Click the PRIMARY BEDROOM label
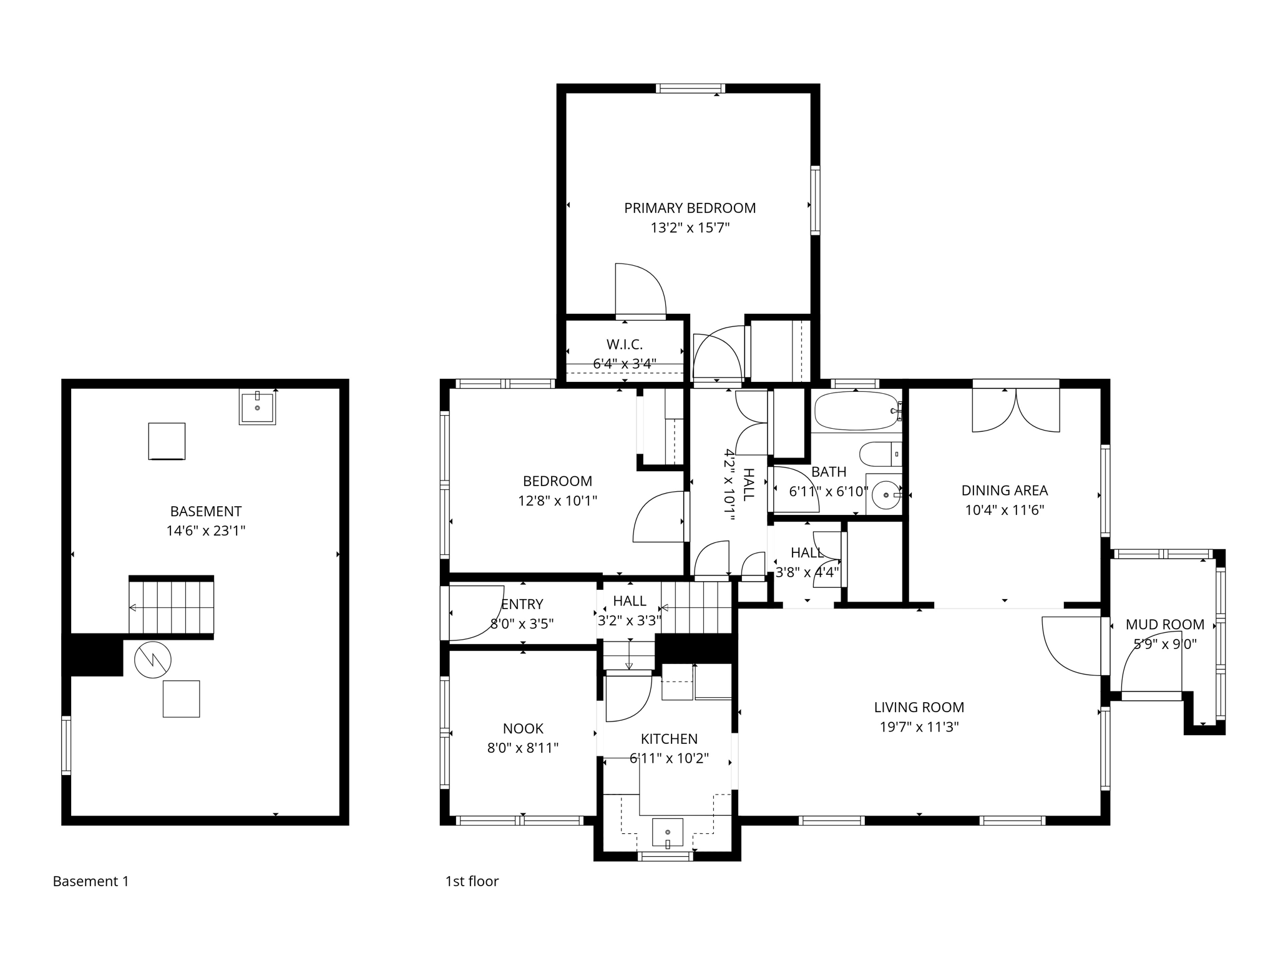[x=690, y=208]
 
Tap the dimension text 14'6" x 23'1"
[x=205, y=531]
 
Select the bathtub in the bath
[x=856, y=411]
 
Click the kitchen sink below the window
[x=668, y=833]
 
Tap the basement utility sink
[x=257, y=407]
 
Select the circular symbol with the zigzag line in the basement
[x=152, y=660]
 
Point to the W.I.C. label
[x=624, y=345]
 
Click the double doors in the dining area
[x=1016, y=411]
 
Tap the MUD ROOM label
[x=1164, y=624]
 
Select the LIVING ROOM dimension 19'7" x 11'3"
[x=919, y=727]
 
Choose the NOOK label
[x=523, y=728]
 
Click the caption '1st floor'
[x=472, y=881]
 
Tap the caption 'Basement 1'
[x=90, y=881]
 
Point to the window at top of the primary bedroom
[x=690, y=89]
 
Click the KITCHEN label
[x=669, y=739]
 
